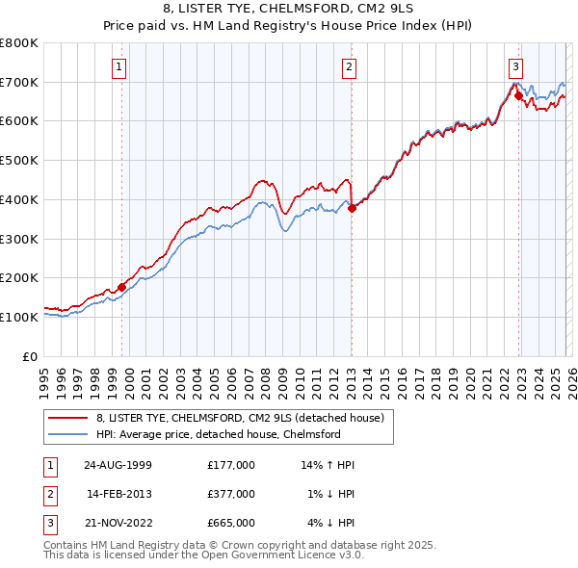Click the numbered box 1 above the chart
coord(118,66)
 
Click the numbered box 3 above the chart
coord(515,66)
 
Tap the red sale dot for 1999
coord(122,287)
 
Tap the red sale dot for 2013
coord(352,208)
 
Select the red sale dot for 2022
coord(518,95)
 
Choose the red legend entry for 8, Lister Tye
coord(240,418)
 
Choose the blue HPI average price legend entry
coord(218,434)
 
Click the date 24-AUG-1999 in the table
coord(117,465)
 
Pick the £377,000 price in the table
coord(231,494)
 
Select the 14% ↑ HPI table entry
coord(328,465)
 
